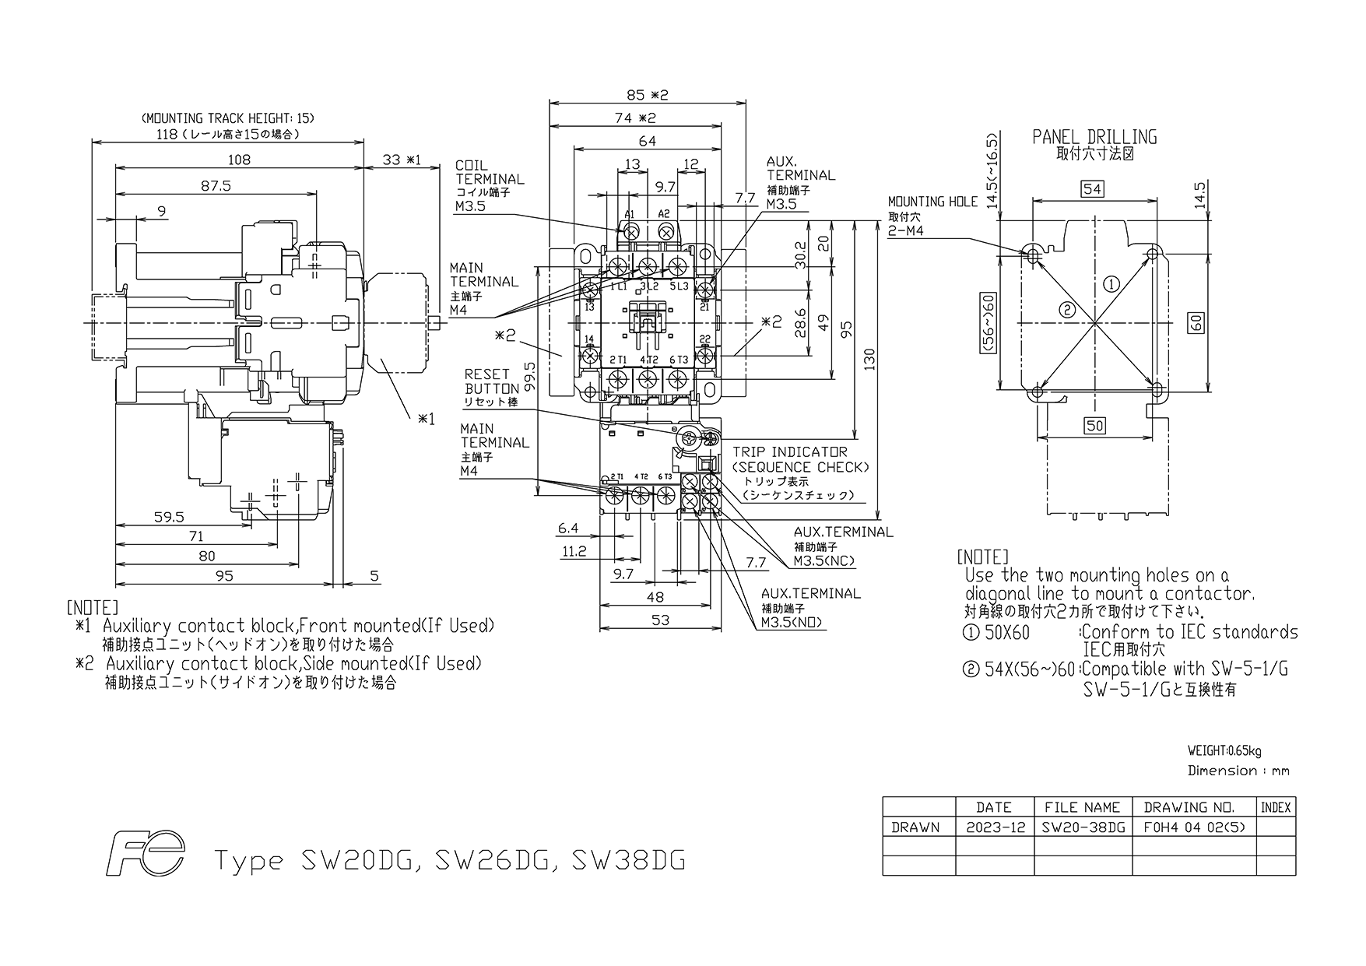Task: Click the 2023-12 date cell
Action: [x=994, y=827]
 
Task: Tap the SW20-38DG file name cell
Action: [x=1083, y=827]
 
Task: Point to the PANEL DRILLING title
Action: [x=1094, y=138]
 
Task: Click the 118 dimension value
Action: [x=167, y=133]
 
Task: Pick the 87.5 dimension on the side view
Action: [x=216, y=186]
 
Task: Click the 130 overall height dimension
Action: [x=870, y=358]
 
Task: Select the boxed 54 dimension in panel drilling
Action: [x=1093, y=189]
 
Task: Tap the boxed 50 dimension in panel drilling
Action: [x=1094, y=425]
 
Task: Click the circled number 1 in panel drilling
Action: [x=1111, y=284]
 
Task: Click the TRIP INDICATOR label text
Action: [x=789, y=451]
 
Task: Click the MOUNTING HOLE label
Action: [x=932, y=202]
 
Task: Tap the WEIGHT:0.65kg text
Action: [x=1224, y=751]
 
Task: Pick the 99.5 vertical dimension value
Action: [x=530, y=376]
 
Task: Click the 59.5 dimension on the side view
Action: [x=169, y=517]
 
